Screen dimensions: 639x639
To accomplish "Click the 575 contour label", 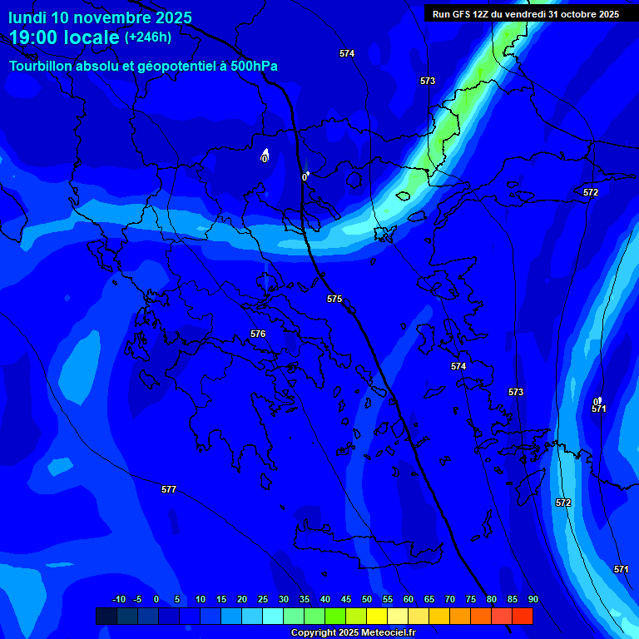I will click(x=334, y=299).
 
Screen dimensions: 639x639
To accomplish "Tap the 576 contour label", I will click(x=258, y=334).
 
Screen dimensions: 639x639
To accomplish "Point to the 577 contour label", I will click(x=169, y=490).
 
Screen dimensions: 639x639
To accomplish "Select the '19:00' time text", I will click(x=35, y=37).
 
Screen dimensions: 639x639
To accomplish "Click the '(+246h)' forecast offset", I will click(x=148, y=37).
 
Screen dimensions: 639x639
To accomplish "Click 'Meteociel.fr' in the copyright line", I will click(x=385, y=633).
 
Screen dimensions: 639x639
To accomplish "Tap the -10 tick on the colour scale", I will click(x=118, y=599).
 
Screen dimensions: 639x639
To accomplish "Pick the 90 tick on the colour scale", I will click(x=532, y=599).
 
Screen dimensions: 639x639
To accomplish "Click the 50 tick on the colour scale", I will click(x=367, y=599).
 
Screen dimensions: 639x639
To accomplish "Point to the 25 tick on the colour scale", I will click(x=263, y=599).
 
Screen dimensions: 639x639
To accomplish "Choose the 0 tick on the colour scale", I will click(x=156, y=599).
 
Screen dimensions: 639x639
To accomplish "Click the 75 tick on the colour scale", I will click(x=471, y=599).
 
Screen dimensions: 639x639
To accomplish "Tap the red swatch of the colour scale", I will click(x=522, y=616).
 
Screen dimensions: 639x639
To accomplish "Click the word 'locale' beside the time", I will click(x=91, y=37).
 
